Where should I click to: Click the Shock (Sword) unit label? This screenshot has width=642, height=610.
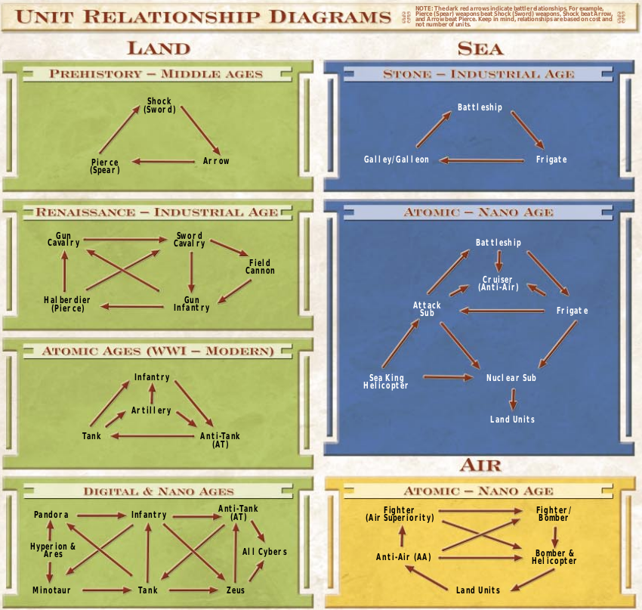(x=159, y=105)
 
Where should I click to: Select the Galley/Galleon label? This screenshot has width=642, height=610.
(x=396, y=159)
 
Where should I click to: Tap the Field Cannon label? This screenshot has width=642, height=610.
(x=260, y=267)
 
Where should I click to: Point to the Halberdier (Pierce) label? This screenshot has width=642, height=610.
(x=67, y=304)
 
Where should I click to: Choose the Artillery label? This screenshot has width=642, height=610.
(x=151, y=410)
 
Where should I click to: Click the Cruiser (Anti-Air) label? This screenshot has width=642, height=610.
(x=498, y=283)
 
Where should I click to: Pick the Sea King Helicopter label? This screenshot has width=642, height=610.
(x=386, y=382)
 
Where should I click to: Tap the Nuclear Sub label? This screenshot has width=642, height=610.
(x=511, y=377)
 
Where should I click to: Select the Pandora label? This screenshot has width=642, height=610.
(x=51, y=515)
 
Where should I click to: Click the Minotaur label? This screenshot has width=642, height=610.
(x=51, y=590)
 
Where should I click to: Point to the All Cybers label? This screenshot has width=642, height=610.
(x=264, y=552)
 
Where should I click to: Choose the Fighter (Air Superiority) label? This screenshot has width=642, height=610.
(x=399, y=514)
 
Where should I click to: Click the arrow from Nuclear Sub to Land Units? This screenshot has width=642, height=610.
(x=513, y=399)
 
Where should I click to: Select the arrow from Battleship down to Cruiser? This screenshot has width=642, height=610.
(x=498, y=261)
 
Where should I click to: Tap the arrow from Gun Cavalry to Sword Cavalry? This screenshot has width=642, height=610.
(x=125, y=240)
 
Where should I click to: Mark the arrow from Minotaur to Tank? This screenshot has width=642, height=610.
(x=108, y=590)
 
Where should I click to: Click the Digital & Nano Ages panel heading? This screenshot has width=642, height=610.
(x=158, y=491)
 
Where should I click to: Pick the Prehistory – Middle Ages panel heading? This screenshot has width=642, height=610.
(x=156, y=74)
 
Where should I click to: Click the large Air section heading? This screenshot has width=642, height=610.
(x=480, y=464)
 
